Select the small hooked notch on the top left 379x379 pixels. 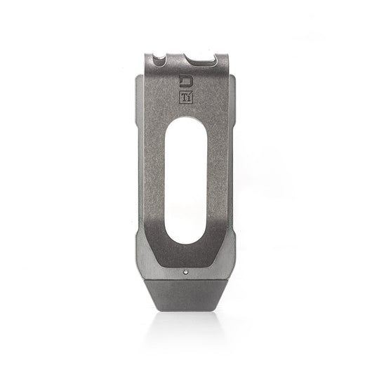point(163,58)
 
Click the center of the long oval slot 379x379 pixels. point(188,184)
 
